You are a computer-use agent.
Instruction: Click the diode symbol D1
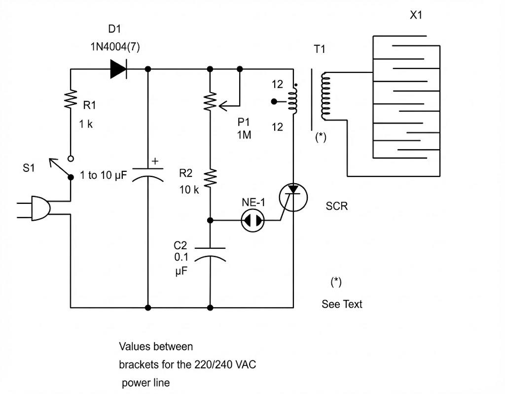(x=118, y=69)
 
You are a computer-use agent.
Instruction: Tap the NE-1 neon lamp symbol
(x=253, y=222)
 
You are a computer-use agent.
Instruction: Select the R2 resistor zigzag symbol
(x=211, y=178)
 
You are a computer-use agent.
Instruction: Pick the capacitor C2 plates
(x=211, y=253)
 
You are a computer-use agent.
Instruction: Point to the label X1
(x=416, y=16)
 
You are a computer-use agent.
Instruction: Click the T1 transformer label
(x=320, y=49)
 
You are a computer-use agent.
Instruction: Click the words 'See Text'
(x=342, y=304)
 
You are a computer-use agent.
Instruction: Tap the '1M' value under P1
(x=243, y=135)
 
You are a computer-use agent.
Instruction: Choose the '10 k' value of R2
(x=189, y=190)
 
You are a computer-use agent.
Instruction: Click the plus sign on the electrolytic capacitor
(x=156, y=161)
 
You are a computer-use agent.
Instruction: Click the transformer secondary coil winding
(x=325, y=97)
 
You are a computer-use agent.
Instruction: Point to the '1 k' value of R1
(x=86, y=124)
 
